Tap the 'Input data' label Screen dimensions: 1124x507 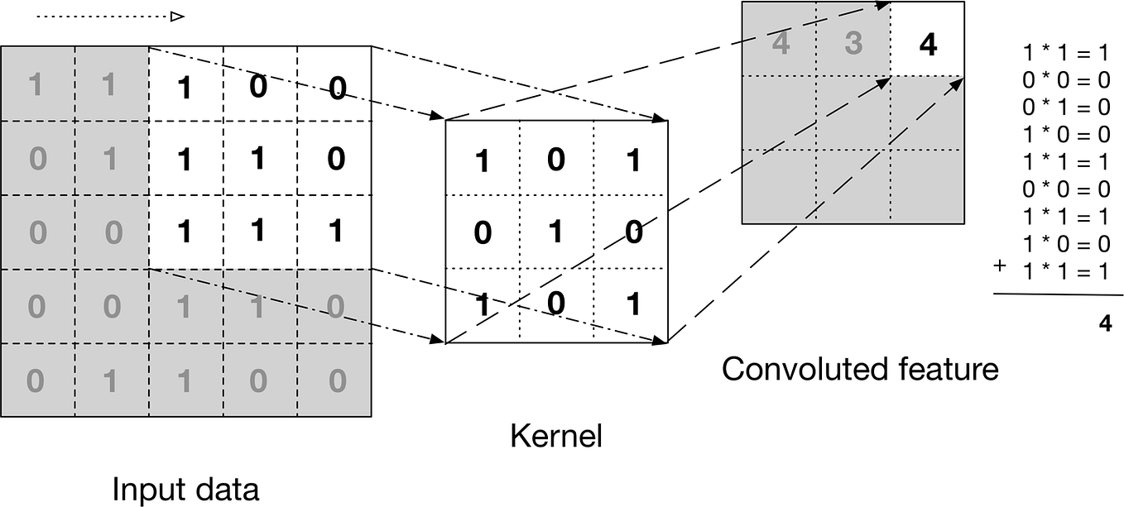(185, 489)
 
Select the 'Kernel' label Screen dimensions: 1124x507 (555, 435)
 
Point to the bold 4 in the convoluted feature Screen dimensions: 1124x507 (928, 45)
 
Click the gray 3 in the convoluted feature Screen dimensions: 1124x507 (853, 43)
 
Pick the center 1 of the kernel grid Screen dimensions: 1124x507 (555, 232)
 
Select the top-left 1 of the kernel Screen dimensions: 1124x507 (482, 161)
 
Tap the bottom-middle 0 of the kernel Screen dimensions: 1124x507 (556, 304)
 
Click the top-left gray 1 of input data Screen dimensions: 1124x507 (36, 84)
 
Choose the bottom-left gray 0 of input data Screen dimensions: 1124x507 (36, 380)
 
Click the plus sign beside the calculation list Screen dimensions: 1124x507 (1001, 266)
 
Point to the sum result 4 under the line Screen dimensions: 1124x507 (1105, 323)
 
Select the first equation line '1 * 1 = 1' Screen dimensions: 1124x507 (1065, 54)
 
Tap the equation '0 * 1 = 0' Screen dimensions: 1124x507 (1065, 108)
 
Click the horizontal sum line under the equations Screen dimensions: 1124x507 (1059, 294)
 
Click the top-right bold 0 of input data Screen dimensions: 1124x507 (336, 88)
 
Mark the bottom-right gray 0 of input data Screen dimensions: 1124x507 (335, 380)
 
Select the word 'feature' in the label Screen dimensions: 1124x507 (951, 368)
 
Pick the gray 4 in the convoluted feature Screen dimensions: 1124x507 (780, 43)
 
